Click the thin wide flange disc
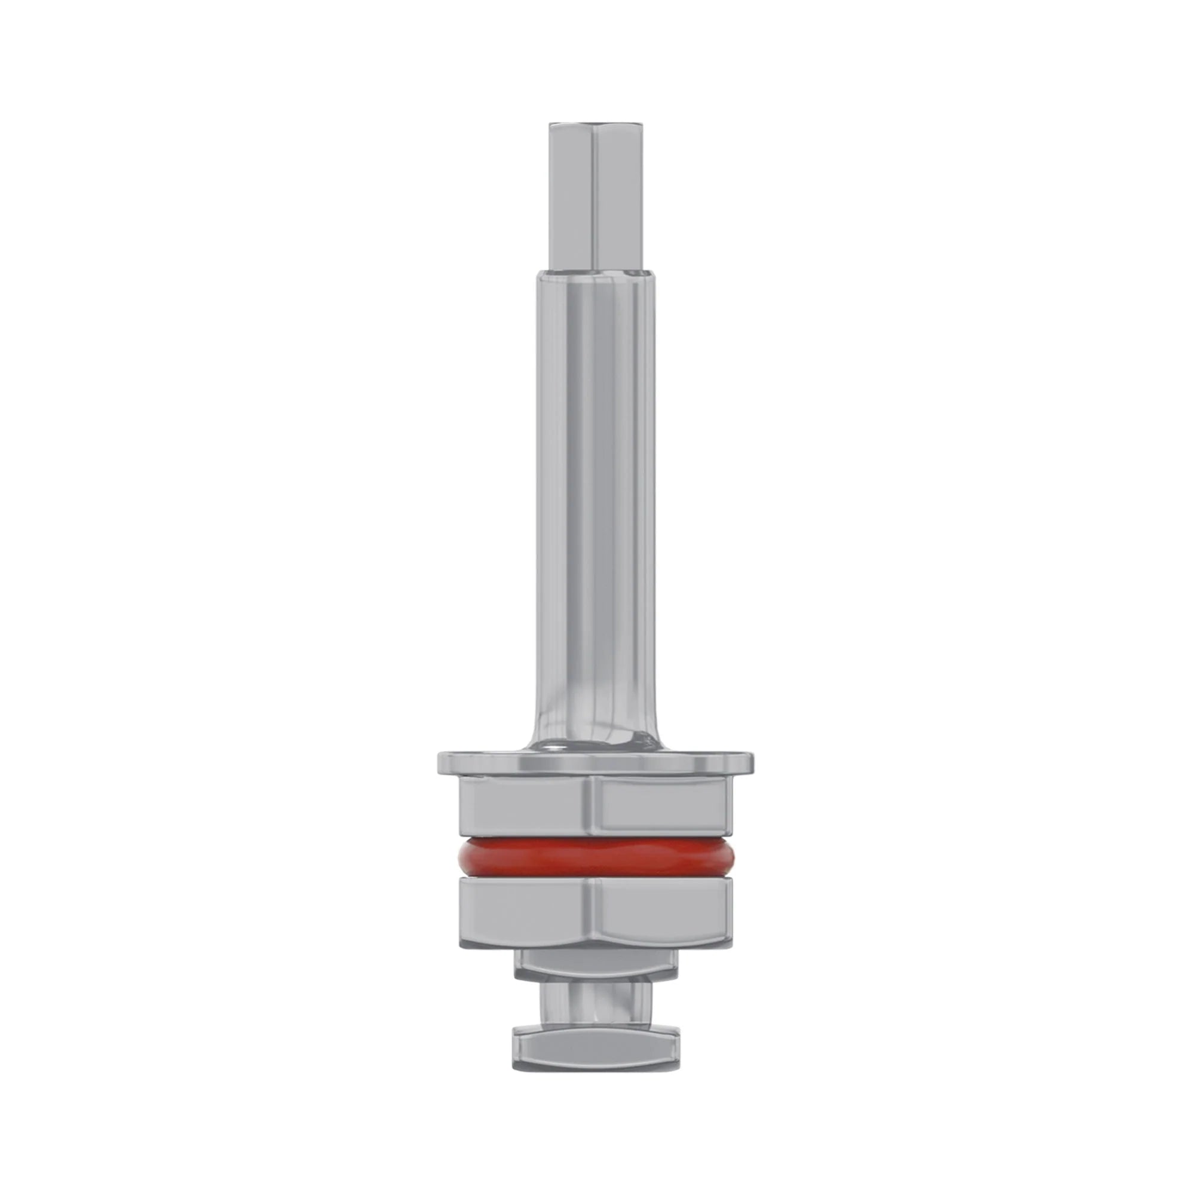click(x=596, y=762)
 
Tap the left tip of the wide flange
click(x=440, y=762)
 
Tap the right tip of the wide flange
click(x=753, y=762)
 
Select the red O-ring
click(x=596, y=857)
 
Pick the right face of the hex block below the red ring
click(x=662, y=913)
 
